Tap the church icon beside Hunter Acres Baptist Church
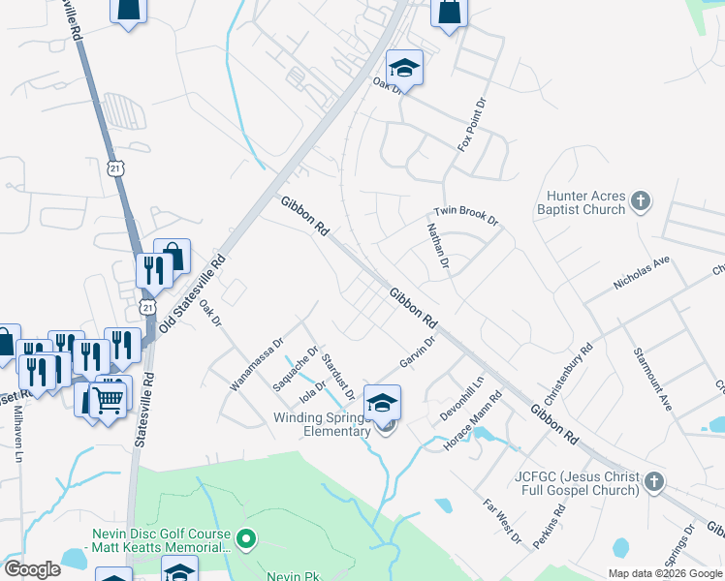[x=639, y=201]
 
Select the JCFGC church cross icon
[x=654, y=481]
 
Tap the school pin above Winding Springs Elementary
[x=382, y=403]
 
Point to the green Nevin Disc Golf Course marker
[x=246, y=536]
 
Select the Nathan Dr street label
[x=438, y=246]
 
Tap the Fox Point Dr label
[x=471, y=124]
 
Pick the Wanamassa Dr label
[x=256, y=364]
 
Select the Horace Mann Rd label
[x=473, y=418]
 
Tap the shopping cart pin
[x=110, y=398]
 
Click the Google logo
[x=33, y=569]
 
